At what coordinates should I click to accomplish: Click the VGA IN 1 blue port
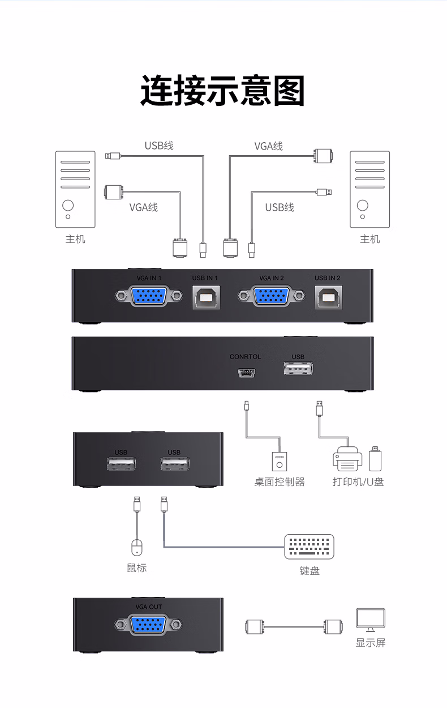[149, 296]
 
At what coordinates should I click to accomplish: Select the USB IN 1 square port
[206, 297]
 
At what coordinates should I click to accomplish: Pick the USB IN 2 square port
[328, 297]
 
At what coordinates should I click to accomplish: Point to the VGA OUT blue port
[148, 625]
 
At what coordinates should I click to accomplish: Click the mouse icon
[137, 548]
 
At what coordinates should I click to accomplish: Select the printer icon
[347, 459]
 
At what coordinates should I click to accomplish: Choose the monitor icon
[371, 620]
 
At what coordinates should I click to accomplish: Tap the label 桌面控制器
[280, 482]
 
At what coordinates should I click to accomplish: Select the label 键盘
[310, 571]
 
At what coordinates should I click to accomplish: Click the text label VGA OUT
[148, 607]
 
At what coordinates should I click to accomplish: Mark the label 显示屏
[371, 643]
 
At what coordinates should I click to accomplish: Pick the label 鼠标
[137, 568]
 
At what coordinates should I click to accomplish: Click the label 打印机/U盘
[358, 482]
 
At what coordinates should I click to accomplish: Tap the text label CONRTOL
[245, 357]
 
